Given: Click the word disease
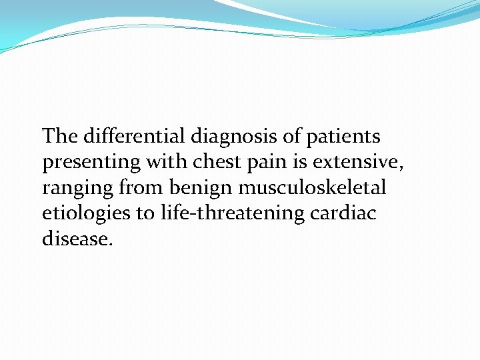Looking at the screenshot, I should click(74, 238).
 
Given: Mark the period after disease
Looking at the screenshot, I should click(110, 243).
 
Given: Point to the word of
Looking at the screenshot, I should click(291, 137).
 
